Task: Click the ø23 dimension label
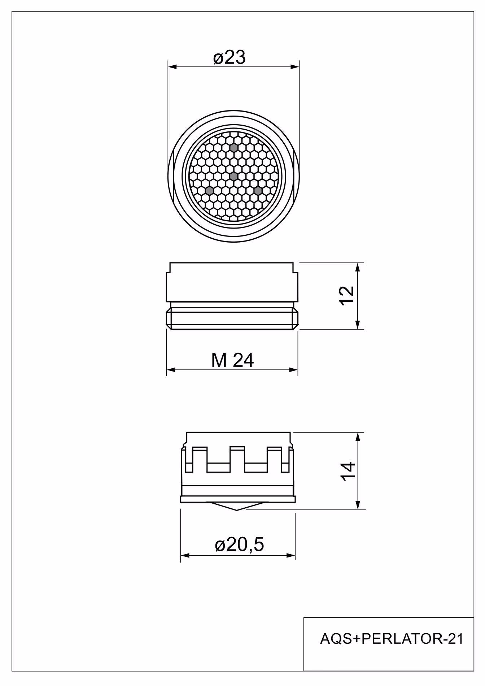230,57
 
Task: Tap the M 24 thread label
232,360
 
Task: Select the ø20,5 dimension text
239,544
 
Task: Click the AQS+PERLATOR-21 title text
392,639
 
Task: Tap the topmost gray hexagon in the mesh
234,148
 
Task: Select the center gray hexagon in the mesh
234,176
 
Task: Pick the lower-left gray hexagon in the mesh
209,190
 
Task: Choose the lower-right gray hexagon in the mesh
258,190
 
